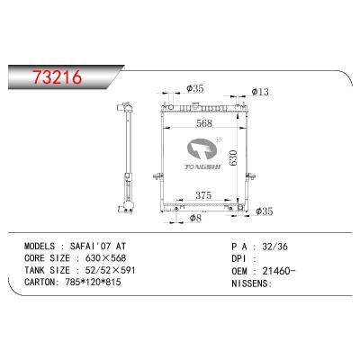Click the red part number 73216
pyautogui.click(x=58, y=77)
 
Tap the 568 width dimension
pyautogui.click(x=204, y=123)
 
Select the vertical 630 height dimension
pyautogui.click(x=233, y=157)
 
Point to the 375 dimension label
pyautogui.click(x=203, y=195)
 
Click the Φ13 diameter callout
pyautogui.click(x=260, y=92)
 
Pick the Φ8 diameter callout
pyautogui.click(x=195, y=218)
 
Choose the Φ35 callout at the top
pyautogui.click(x=195, y=88)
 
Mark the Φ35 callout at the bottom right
pyautogui.click(x=265, y=211)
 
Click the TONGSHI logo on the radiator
pyautogui.click(x=202, y=155)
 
